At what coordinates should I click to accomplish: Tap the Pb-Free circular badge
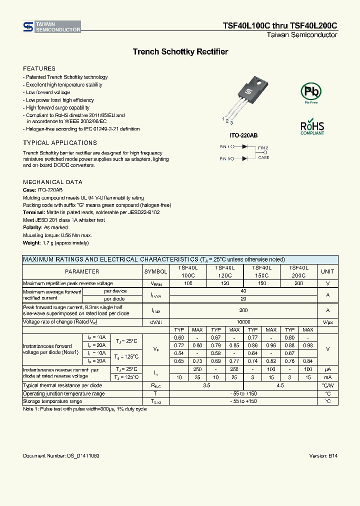pos(311,92)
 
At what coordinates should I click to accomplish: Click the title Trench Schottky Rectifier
pos(180,52)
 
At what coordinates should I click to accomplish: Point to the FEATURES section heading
pos(39,68)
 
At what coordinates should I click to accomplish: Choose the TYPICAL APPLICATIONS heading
pos(60,143)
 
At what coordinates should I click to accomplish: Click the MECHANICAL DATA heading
pos(52,182)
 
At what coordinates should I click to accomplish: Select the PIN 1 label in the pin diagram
pos(225,147)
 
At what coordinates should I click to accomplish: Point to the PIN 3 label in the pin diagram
pos(225,158)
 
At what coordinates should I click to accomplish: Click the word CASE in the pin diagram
pos(263,157)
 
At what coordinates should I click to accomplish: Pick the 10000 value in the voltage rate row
pos(243,322)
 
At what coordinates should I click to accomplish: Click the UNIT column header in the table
pos(327,271)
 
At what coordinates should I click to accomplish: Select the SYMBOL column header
pos(155,271)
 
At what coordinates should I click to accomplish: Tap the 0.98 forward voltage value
pos(308,345)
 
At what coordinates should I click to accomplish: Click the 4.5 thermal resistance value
pos(280,385)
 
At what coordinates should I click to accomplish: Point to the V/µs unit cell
pos(327,322)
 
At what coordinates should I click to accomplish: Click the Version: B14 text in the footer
pos(323,456)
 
